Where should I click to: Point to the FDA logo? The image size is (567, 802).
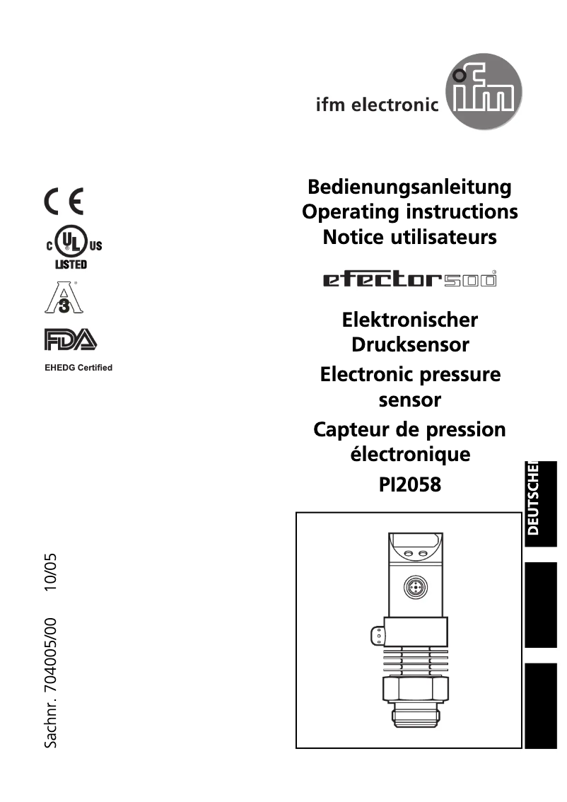click(x=70, y=340)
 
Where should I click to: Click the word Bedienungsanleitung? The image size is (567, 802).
click(x=409, y=187)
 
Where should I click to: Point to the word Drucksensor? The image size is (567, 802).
click(x=410, y=345)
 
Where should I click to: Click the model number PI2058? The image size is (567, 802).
click(x=410, y=485)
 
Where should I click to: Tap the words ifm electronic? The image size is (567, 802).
click(x=377, y=105)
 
